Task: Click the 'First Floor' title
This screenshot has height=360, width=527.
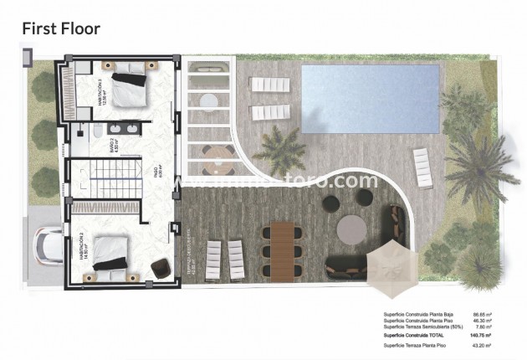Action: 60,28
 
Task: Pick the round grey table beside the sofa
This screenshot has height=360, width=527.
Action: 350,228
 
